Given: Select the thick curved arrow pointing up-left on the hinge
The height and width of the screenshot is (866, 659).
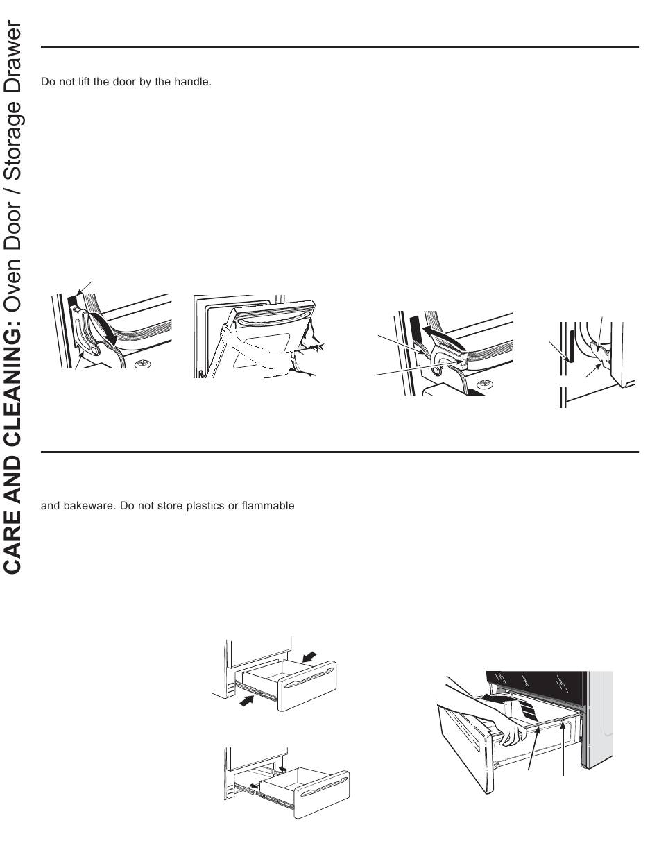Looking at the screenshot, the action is point(444,336).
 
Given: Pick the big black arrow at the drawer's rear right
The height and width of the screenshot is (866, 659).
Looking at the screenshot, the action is point(309,656).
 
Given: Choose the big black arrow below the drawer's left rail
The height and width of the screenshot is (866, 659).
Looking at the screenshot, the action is point(247,701).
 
